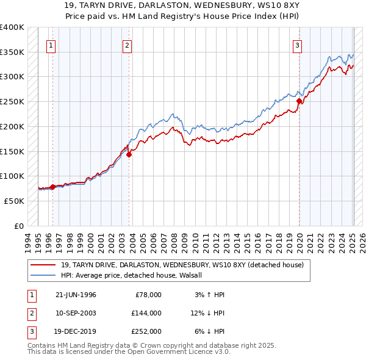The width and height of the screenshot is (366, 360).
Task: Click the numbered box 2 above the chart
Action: (x=127, y=45)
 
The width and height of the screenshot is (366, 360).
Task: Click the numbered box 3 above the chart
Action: (x=297, y=45)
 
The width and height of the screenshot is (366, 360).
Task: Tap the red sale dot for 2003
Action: (x=129, y=154)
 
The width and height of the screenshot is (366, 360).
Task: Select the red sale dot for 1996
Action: (x=52, y=187)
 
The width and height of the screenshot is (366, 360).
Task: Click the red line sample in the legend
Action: (x=44, y=265)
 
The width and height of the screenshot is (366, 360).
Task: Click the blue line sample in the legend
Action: (x=44, y=275)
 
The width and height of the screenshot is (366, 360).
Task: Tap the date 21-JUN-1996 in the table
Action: (x=76, y=294)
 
